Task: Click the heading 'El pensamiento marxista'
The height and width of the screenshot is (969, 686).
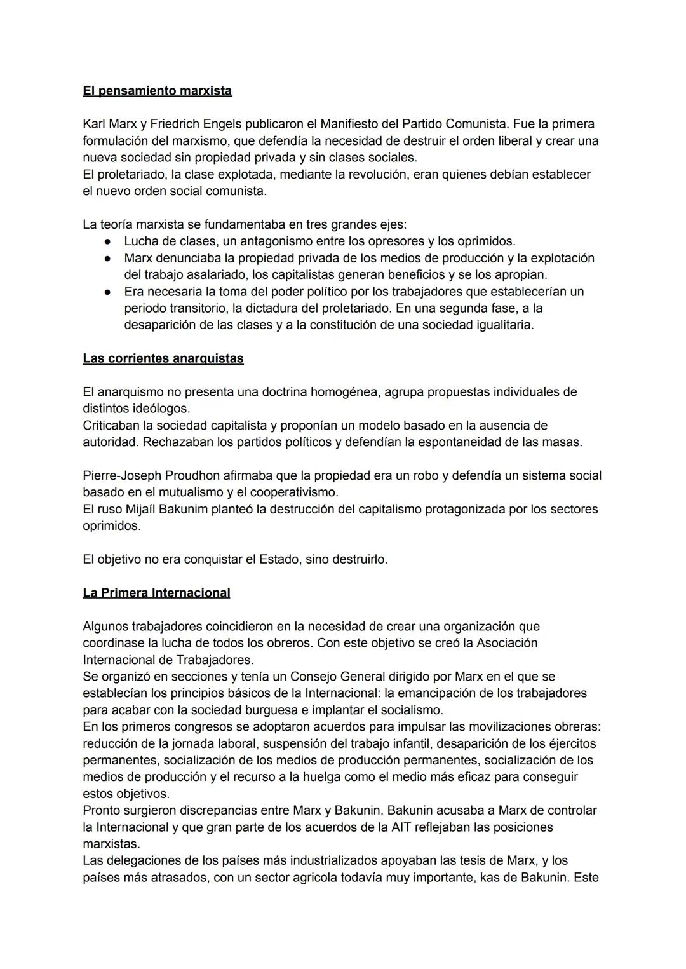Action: click(x=157, y=91)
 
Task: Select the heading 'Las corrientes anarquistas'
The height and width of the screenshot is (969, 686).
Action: click(x=163, y=358)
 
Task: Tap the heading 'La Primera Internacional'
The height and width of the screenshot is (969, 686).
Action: click(x=156, y=593)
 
